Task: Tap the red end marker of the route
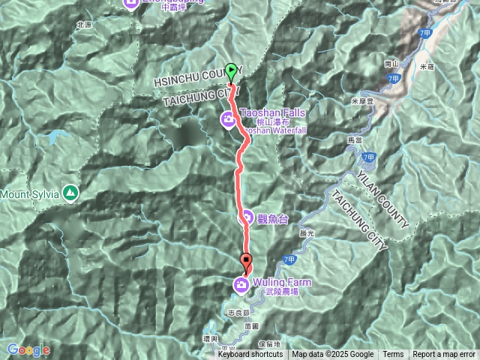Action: [x=247, y=262]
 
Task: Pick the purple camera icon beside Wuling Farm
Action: [x=241, y=284]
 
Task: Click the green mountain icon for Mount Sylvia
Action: [x=70, y=193]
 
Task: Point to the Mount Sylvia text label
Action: [x=30, y=193]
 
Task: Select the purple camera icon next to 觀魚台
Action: [x=246, y=218]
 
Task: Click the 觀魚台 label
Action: [x=273, y=219]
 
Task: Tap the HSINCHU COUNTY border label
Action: [x=197, y=76]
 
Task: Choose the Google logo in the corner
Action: [x=28, y=349]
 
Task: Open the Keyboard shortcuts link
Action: [x=250, y=355]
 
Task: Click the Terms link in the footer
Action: [x=393, y=355]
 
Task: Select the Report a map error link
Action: [x=444, y=355]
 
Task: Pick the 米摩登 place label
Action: [x=361, y=100]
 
